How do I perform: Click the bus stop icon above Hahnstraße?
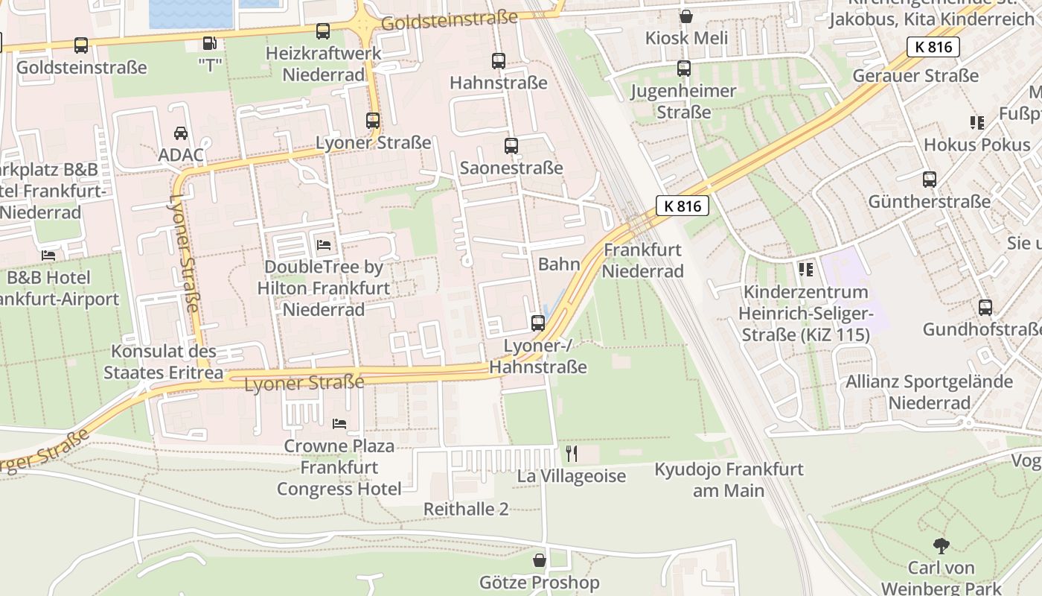499,61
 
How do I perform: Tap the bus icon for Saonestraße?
511,146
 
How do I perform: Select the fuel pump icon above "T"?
211,45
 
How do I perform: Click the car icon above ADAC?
181,133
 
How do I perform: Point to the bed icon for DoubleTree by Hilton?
324,244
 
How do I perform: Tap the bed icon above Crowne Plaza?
339,424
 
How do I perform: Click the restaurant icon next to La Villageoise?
572,453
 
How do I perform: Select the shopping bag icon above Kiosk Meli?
685,16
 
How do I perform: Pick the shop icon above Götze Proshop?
540,560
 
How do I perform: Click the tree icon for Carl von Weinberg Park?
942,546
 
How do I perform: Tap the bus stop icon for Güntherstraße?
930,180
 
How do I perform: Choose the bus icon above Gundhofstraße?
985,307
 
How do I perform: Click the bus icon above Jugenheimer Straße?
684,69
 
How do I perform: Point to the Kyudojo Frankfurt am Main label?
729,480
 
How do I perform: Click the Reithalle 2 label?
466,509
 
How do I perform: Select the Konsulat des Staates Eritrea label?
164,361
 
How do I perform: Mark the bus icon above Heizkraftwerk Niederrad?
323,31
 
